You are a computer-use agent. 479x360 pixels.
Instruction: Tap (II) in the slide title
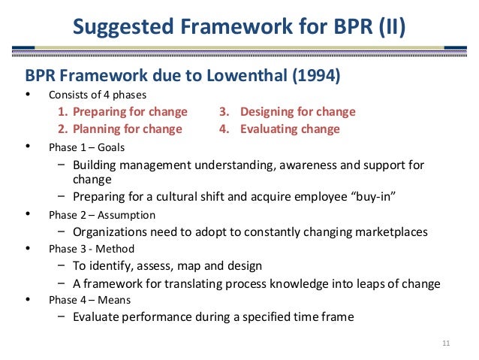[390, 29]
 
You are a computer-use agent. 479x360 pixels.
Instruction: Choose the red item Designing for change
[288, 112]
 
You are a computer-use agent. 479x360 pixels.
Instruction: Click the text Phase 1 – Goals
[86, 147]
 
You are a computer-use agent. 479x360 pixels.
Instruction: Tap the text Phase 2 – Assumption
[101, 215]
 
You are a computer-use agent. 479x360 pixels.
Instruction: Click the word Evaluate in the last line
[98, 316]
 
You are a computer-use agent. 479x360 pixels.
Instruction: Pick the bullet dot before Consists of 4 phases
[29, 95]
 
